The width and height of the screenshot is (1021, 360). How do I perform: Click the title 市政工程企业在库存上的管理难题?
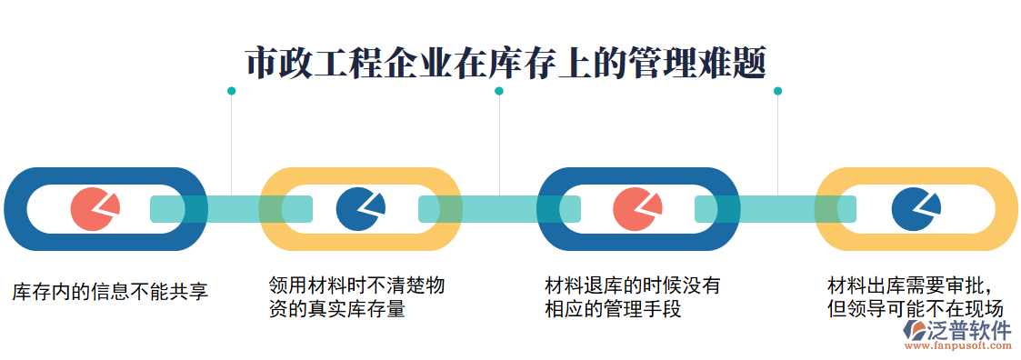click(x=506, y=64)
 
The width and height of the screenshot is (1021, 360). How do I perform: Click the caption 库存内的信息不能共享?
click(x=110, y=292)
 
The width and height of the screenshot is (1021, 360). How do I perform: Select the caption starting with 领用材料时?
click(x=356, y=297)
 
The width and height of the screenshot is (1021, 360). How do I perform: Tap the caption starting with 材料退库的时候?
click(x=633, y=297)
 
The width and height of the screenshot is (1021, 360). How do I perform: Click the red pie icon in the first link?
click(x=94, y=209)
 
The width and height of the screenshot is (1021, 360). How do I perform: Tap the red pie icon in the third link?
click(x=637, y=209)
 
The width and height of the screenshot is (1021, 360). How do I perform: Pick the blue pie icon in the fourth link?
click(x=915, y=209)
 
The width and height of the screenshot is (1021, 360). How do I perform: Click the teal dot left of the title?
click(x=231, y=91)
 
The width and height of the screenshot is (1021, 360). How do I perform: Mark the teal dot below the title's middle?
click(x=499, y=91)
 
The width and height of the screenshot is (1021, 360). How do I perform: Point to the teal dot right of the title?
click(x=777, y=91)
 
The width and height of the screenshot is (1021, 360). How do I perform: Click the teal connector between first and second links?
click(x=231, y=209)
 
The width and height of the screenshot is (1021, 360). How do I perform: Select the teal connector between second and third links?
click(x=499, y=209)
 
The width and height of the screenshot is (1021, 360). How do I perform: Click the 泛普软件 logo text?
click(x=969, y=330)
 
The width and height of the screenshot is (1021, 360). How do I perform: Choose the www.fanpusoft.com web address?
click(x=969, y=346)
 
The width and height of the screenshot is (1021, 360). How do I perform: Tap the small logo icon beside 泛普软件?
click(x=913, y=334)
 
